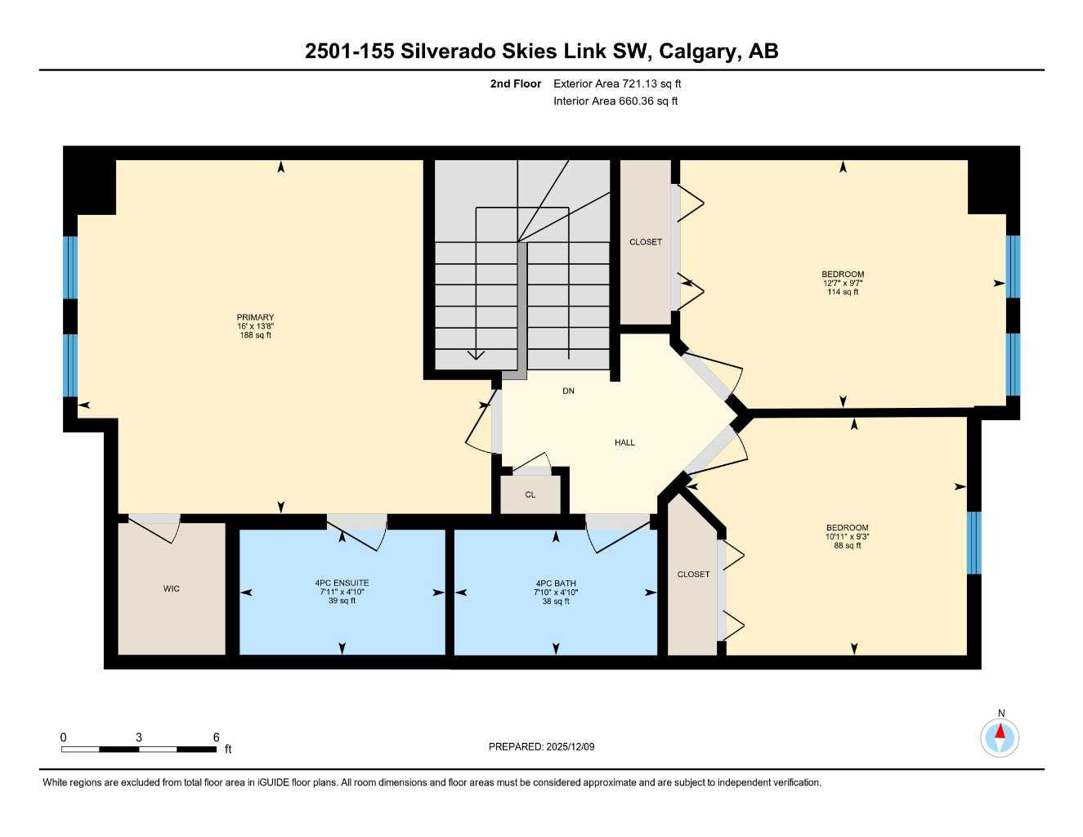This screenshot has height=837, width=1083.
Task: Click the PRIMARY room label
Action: pyautogui.click(x=255, y=317)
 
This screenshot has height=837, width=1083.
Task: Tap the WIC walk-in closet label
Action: pyautogui.click(x=171, y=589)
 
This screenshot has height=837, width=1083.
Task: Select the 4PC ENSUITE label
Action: pyautogui.click(x=342, y=583)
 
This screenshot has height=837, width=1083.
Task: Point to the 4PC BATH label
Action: pyautogui.click(x=556, y=584)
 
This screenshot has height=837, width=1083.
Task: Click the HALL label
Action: pyautogui.click(x=624, y=442)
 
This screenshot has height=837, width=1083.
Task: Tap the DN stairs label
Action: pyautogui.click(x=568, y=391)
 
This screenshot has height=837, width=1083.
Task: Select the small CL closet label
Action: pyautogui.click(x=530, y=495)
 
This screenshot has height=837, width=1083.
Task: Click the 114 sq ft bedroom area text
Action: pyautogui.click(x=843, y=292)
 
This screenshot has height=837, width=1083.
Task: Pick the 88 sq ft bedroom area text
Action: pyautogui.click(x=847, y=545)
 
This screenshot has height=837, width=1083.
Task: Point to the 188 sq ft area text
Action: pyautogui.click(x=255, y=335)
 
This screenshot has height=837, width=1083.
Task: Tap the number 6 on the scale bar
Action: pyautogui.click(x=217, y=737)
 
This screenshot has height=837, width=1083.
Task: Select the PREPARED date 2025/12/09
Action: pyautogui.click(x=541, y=746)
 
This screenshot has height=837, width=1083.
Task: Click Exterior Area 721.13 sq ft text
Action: pyautogui.click(x=617, y=83)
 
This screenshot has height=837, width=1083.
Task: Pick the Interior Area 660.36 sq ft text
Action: pyautogui.click(x=615, y=101)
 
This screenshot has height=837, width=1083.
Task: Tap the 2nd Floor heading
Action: pyautogui.click(x=516, y=83)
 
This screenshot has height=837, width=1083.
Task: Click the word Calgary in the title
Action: pyautogui.click(x=697, y=51)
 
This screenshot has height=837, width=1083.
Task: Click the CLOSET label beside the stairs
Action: pyautogui.click(x=646, y=242)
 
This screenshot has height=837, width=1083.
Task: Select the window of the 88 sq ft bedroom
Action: pyautogui.click(x=973, y=543)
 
